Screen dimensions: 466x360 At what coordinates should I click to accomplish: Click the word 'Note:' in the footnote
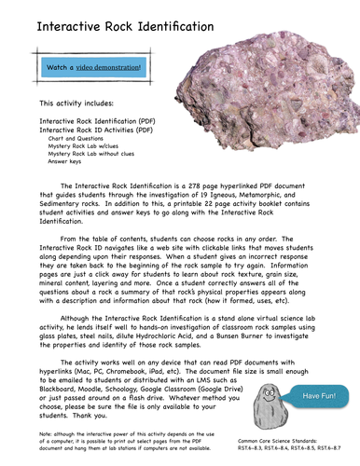pos(48,435)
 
